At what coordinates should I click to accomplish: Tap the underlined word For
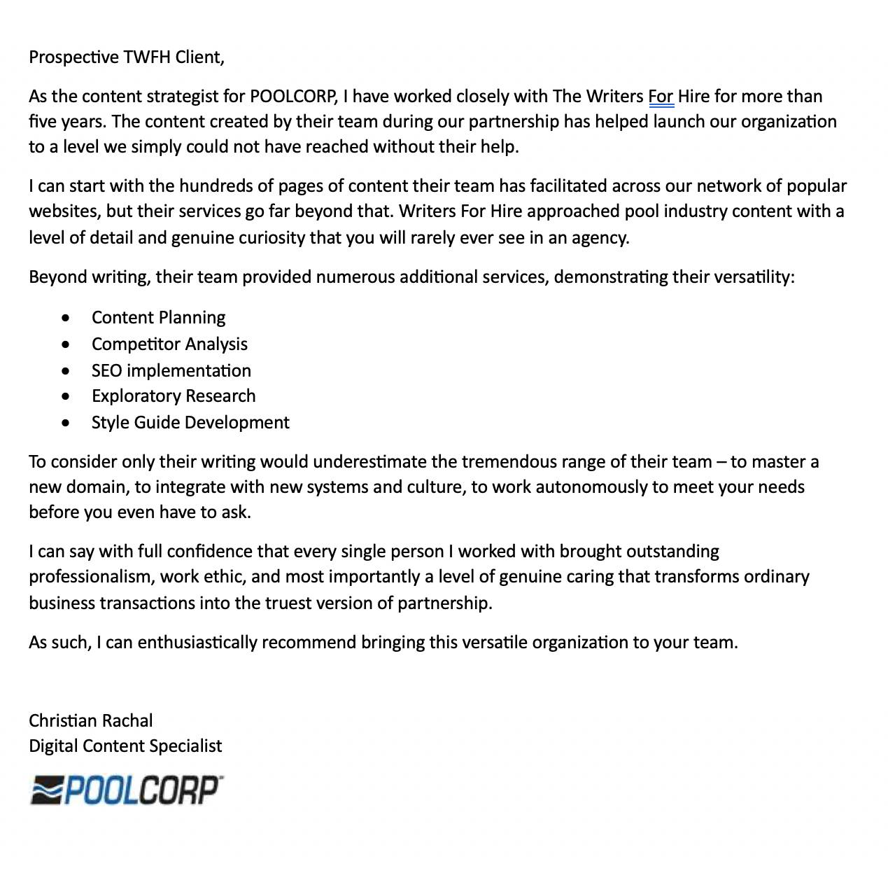click(x=661, y=97)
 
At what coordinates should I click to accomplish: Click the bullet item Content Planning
click(x=158, y=318)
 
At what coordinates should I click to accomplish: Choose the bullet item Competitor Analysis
click(x=169, y=344)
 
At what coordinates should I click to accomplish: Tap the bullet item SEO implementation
click(x=171, y=371)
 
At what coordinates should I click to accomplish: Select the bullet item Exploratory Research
click(x=174, y=396)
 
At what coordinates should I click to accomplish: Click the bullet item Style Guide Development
click(x=190, y=423)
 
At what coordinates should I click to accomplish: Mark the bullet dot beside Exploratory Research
click(x=66, y=397)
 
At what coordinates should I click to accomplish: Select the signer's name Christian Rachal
click(x=90, y=721)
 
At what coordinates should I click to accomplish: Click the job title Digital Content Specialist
click(x=125, y=746)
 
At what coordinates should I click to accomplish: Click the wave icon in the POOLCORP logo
click(x=47, y=791)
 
